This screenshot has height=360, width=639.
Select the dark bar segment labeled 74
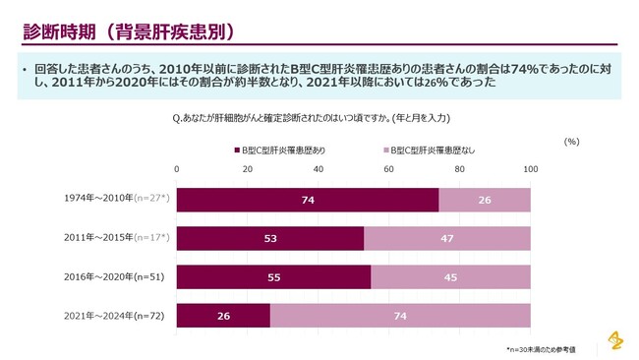point(307,200)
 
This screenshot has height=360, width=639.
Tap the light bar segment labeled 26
point(485,200)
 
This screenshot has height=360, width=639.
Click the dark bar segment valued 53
point(270,238)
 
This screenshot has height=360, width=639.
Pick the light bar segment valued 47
point(447,238)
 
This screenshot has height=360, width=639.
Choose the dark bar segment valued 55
point(273,276)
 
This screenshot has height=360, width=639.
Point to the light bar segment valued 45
point(451,276)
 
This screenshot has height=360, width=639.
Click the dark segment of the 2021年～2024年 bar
point(223,315)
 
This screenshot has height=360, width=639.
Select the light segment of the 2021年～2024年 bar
point(400,315)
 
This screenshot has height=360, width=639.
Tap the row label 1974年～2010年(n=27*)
point(116,200)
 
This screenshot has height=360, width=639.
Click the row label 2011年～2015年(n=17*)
point(116,238)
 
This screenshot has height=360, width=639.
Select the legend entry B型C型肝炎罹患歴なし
point(429,150)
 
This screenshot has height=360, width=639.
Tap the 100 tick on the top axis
point(531,169)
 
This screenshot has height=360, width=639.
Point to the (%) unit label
point(571,142)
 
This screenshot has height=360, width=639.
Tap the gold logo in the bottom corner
point(615,338)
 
